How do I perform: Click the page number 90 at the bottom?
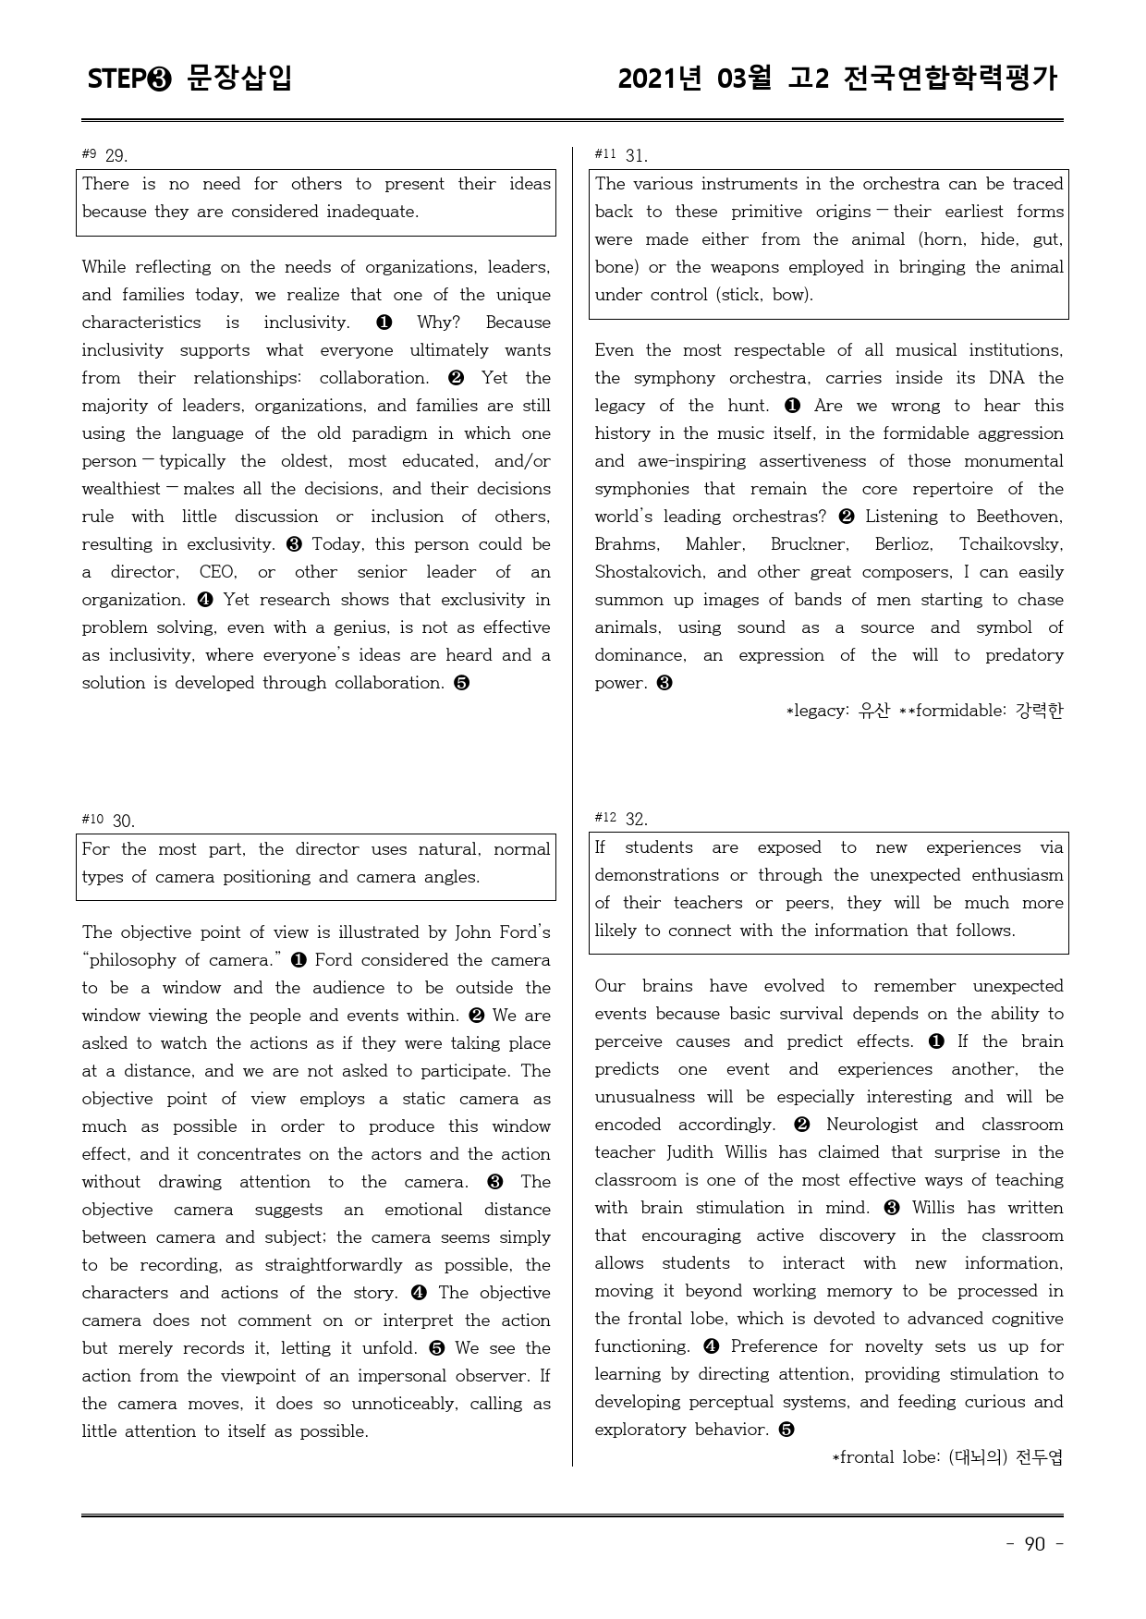coord(1034,1544)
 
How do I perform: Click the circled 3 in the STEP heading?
coord(159,79)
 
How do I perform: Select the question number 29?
coord(116,155)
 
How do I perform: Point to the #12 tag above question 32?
coord(605,818)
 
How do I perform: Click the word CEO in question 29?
coord(217,572)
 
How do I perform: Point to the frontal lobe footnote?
coord(948,1457)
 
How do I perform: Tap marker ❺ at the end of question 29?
coord(462,683)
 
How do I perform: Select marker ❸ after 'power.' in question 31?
coord(664,683)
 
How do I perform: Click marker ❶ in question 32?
coord(935,1041)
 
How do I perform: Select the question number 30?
coord(124,821)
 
